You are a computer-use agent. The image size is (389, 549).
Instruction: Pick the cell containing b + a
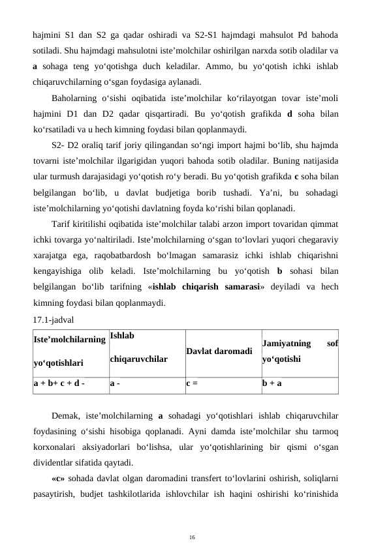[272, 384]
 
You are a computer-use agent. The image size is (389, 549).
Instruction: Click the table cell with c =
[191, 384]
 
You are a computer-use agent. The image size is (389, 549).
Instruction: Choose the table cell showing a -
[114, 384]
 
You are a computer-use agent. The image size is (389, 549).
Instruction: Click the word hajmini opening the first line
[48, 35]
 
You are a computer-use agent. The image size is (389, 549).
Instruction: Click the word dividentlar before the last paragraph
[59, 462]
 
